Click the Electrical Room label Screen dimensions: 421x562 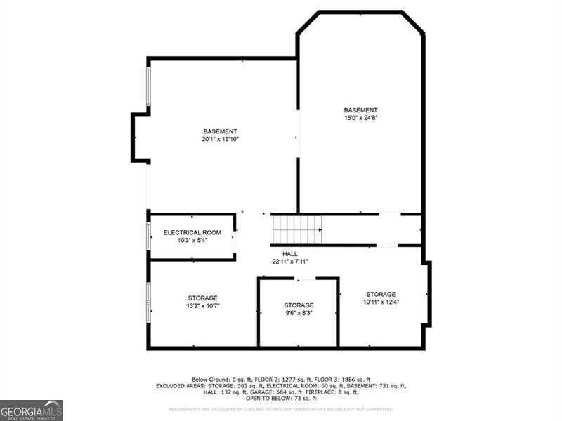(x=192, y=232)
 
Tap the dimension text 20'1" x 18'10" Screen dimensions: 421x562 (x=221, y=139)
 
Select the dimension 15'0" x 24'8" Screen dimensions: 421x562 (x=360, y=118)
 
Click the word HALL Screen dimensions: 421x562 (x=290, y=254)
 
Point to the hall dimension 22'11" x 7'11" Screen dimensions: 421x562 (x=290, y=262)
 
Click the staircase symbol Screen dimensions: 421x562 (x=297, y=229)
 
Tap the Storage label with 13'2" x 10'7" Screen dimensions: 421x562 (x=202, y=298)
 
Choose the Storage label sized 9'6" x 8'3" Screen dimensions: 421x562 (x=299, y=305)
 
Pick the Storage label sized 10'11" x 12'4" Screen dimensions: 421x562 (x=381, y=294)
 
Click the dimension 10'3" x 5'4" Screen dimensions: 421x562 (x=192, y=240)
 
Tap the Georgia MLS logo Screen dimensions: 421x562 (x=32, y=410)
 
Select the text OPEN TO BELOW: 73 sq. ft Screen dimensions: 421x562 (x=281, y=399)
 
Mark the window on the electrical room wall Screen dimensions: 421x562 (x=148, y=236)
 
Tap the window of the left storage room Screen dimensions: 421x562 (x=148, y=302)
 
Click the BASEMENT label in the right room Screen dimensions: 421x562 (x=360, y=110)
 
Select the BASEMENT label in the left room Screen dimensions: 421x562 (x=221, y=131)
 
